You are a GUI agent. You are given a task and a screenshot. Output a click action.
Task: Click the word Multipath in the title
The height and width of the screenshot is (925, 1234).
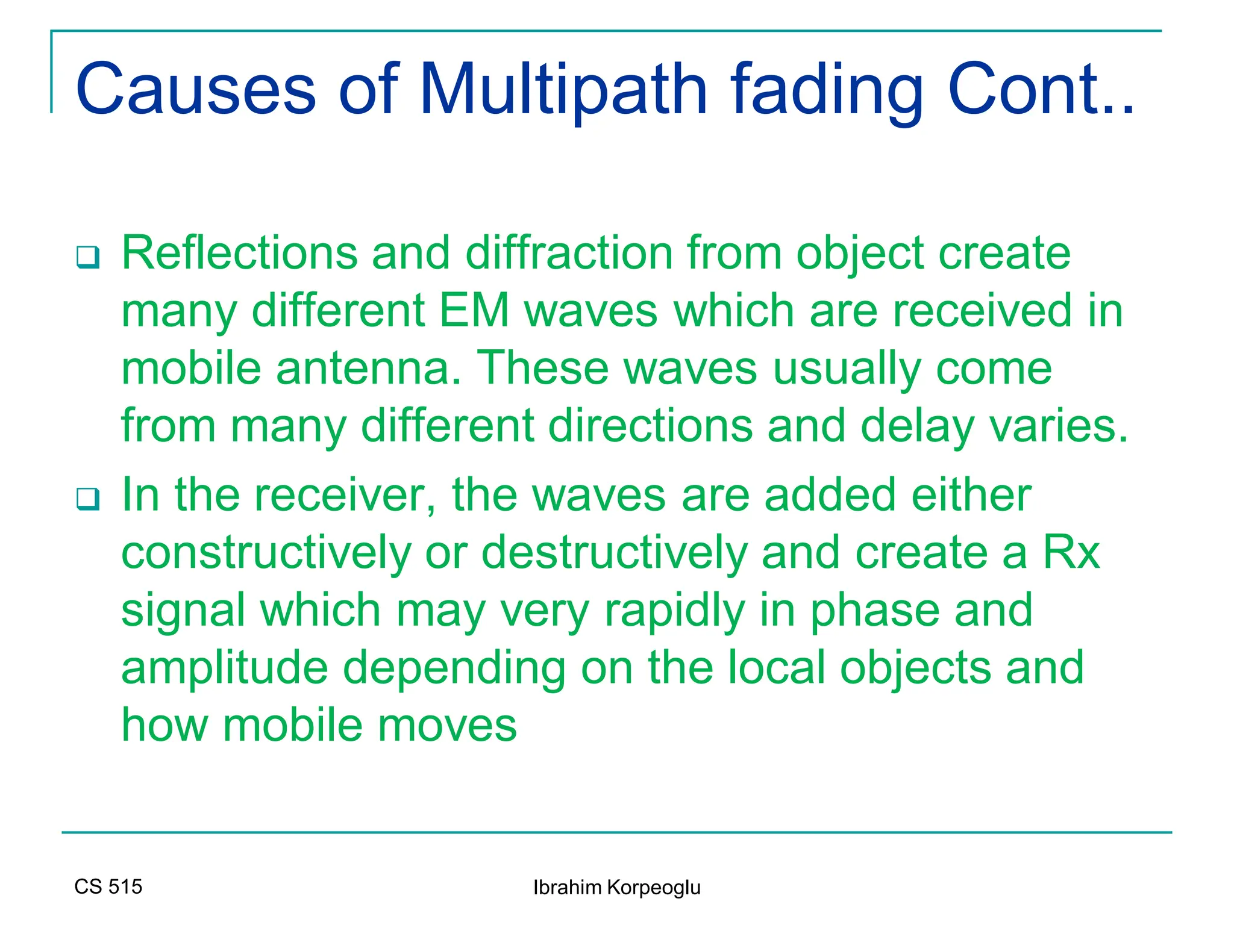(x=563, y=90)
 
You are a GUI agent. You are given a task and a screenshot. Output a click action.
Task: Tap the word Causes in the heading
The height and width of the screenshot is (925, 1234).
(x=196, y=90)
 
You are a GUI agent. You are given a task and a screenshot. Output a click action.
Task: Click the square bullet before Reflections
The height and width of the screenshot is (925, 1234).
(x=88, y=257)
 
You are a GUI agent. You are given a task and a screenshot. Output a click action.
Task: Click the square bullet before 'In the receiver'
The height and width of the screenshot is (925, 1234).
(x=88, y=499)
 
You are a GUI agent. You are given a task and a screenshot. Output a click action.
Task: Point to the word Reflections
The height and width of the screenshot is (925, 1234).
(x=240, y=253)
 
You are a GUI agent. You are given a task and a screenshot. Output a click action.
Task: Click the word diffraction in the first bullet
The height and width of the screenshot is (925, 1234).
(x=569, y=253)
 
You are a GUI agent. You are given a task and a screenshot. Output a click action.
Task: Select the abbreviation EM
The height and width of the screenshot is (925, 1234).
(x=474, y=311)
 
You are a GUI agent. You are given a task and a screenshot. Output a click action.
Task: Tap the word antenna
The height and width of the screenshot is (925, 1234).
(x=363, y=369)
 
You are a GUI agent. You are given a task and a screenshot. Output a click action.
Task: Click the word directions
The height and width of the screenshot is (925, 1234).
(x=650, y=426)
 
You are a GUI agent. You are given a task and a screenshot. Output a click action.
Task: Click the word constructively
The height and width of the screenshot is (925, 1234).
(x=266, y=553)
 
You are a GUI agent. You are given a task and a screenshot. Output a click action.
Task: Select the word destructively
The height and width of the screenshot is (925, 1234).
(x=614, y=553)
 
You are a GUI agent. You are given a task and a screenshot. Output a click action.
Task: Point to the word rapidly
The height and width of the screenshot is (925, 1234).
(x=674, y=611)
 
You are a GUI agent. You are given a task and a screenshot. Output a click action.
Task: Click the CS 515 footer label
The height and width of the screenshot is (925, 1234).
(x=108, y=886)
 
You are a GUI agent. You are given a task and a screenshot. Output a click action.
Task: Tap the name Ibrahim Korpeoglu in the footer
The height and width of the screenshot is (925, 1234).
(x=616, y=888)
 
